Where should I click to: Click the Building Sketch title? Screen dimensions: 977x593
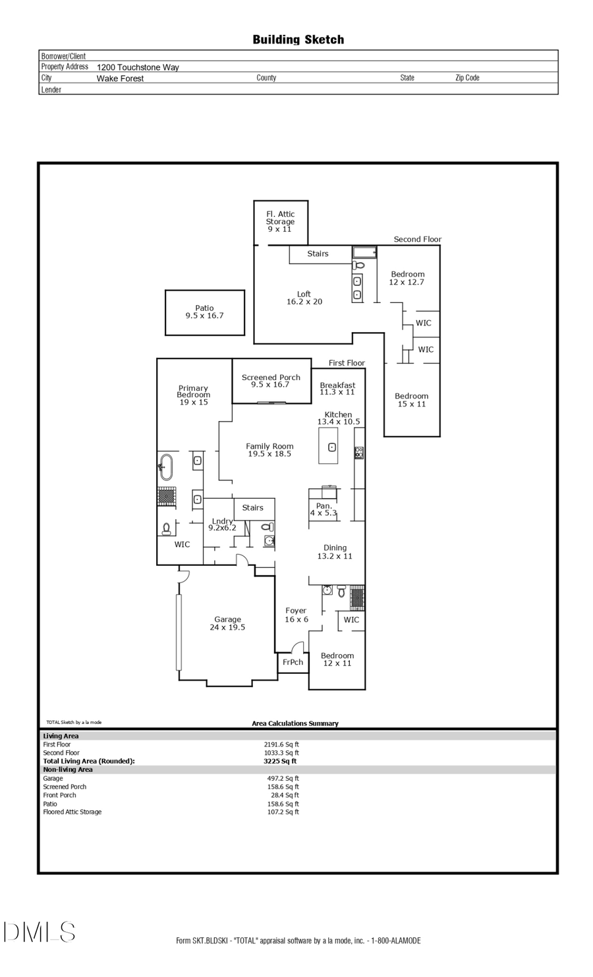pyautogui.click(x=298, y=40)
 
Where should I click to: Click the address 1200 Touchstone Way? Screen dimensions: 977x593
pyautogui.click(x=138, y=67)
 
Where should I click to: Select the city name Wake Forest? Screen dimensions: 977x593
pyautogui.click(x=120, y=78)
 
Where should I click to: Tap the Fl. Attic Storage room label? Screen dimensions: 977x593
pyautogui.click(x=280, y=221)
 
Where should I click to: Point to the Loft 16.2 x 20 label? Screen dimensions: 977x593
pyautogui.click(x=304, y=298)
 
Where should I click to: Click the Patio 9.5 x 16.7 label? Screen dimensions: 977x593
pyautogui.click(x=204, y=312)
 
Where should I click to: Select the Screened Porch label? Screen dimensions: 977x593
pyautogui.click(x=271, y=381)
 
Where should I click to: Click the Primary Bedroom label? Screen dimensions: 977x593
pyautogui.click(x=193, y=395)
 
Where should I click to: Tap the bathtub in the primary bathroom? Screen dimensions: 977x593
pyautogui.click(x=165, y=467)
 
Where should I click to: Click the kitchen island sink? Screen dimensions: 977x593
pyautogui.click(x=332, y=447)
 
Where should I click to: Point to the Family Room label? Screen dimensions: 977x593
pyautogui.click(x=269, y=450)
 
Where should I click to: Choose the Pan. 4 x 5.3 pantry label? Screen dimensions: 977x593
pyautogui.click(x=324, y=509)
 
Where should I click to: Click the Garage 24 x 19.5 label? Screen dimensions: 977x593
pyautogui.click(x=227, y=623)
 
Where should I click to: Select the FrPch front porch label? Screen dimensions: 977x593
pyautogui.click(x=293, y=662)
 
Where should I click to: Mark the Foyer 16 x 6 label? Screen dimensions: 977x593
pyautogui.click(x=296, y=615)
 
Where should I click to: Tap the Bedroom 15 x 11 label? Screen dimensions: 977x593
pyautogui.click(x=411, y=400)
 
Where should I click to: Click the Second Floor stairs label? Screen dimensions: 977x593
pyautogui.click(x=318, y=254)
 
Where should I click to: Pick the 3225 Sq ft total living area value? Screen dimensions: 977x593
pyautogui.click(x=280, y=761)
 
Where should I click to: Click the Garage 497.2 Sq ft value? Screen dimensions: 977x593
pyautogui.click(x=283, y=778)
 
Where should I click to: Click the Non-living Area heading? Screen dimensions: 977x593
pyautogui.click(x=68, y=769)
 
